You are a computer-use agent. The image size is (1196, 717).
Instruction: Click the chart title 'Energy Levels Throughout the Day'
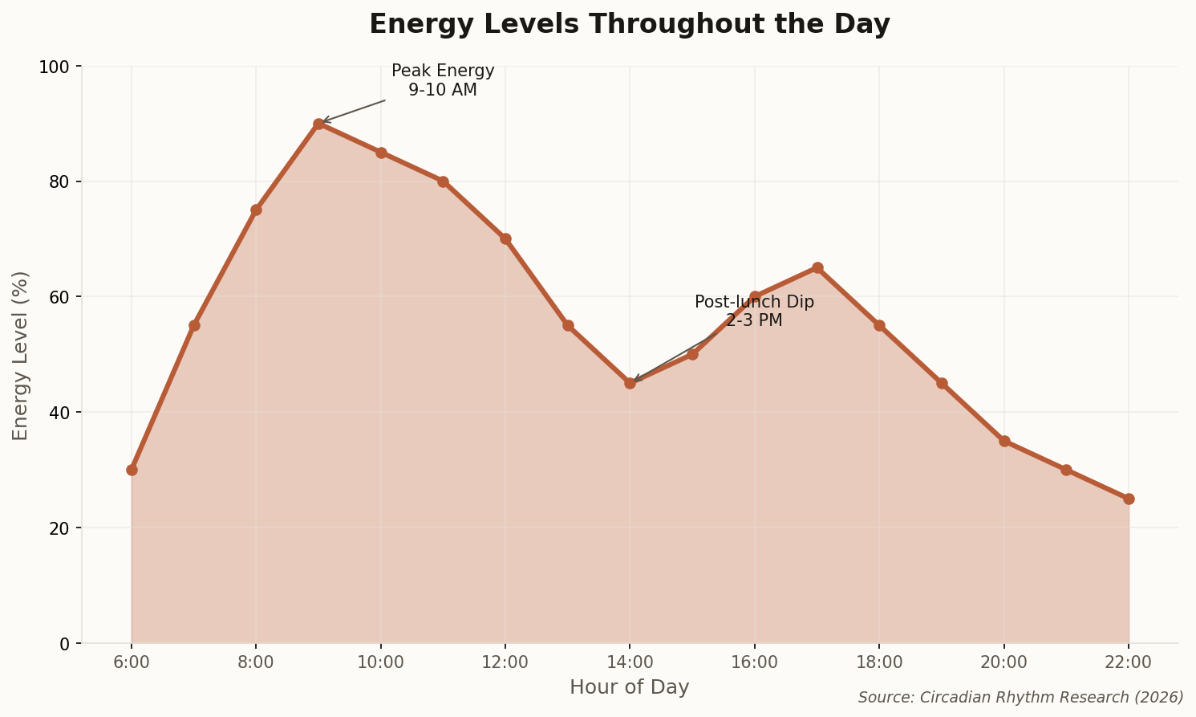coord(629,24)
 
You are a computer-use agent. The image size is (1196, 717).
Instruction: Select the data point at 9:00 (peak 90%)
coord(318,124)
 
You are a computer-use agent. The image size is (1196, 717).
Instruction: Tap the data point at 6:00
coord(132,470)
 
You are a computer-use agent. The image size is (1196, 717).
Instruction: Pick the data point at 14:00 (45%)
coord(630,383)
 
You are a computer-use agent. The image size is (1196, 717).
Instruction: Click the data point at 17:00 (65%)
coord(817,267)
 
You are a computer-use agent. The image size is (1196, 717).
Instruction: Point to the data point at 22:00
coord(1129,499)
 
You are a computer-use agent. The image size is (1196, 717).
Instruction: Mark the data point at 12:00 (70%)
coord(505,238)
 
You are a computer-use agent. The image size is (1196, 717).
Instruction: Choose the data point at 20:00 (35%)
coord(1004,441)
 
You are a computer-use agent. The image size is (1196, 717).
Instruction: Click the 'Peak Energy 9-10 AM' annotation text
coord(443,80)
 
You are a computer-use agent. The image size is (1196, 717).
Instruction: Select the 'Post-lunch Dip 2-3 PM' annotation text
coord(754,311)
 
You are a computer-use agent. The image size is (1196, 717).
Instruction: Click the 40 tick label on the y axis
coord(60,413)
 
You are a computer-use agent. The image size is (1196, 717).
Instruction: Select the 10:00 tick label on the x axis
coord(380,662)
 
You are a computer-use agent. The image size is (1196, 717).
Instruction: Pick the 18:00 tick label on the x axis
coord(879,662)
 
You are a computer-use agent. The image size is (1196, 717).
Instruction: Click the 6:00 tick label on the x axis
coord(132,662)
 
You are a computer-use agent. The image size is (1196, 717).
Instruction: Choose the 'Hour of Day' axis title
coord(629,687)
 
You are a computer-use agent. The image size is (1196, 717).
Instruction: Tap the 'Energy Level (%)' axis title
coord(21,355)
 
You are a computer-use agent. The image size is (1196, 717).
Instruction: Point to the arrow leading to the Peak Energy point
coord(353,111)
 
